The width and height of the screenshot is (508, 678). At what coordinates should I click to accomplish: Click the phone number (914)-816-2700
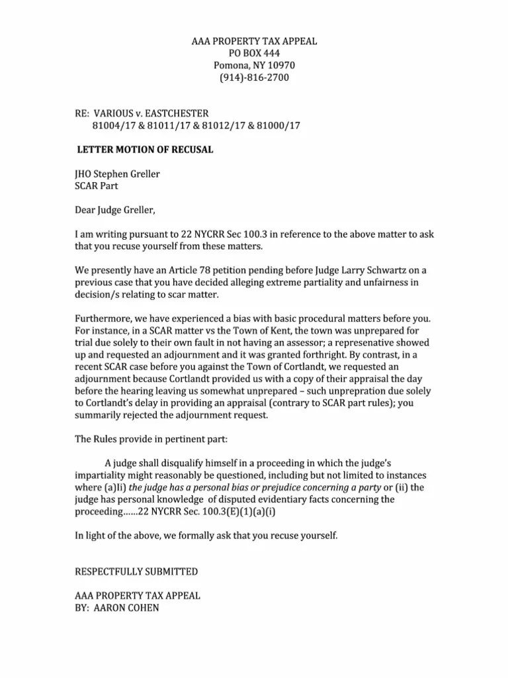point(254,77)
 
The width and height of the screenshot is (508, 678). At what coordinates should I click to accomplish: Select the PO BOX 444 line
point(254,54)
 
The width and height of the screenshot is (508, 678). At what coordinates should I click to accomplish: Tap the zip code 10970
point(280,66)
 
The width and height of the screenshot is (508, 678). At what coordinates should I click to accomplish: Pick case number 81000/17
point(275,126)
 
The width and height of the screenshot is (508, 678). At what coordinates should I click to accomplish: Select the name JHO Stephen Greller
point(118,174)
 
